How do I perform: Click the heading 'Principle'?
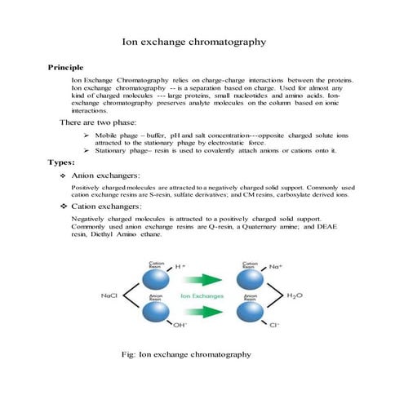tap(65, 67)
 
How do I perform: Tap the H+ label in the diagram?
tap(181, 266)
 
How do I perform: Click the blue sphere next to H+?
tap(157, 279)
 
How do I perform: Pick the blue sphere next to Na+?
tap(250, 279)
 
